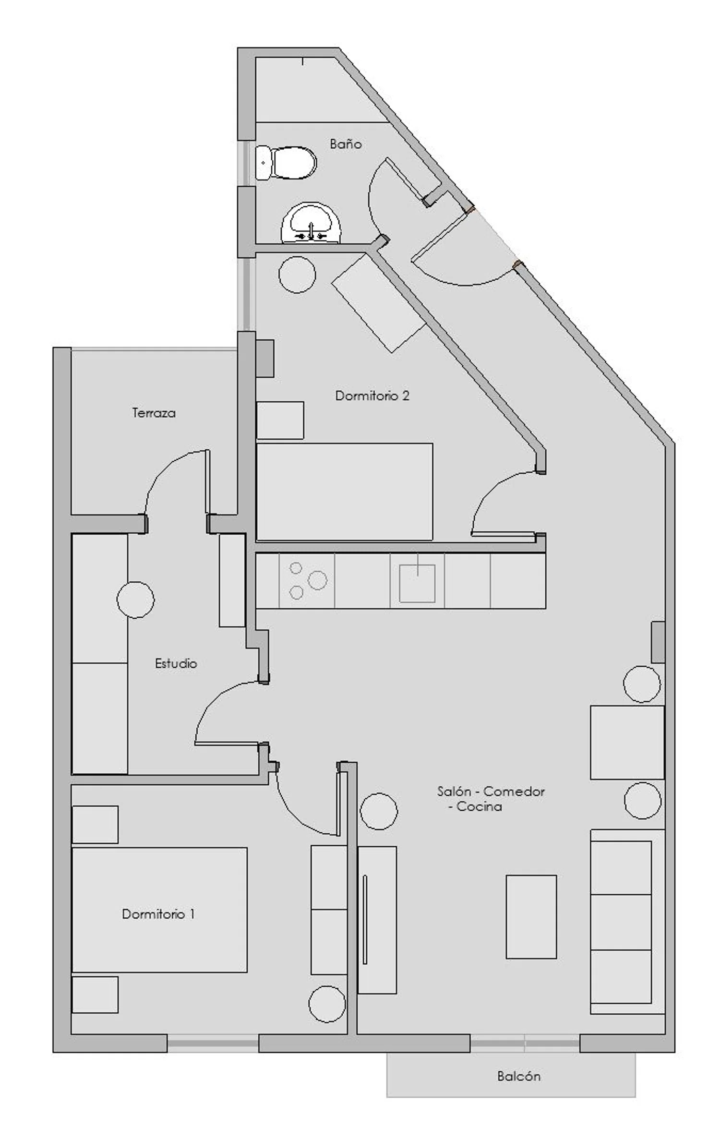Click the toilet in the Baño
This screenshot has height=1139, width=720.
coord(286,163)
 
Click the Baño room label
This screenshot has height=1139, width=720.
coord(346,144)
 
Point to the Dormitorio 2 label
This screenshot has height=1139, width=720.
coord(372,396)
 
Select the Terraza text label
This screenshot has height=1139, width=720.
coord(154,413)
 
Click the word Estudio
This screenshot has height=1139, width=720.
coord(176,663)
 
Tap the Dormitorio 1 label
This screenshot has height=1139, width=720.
coord(158,914)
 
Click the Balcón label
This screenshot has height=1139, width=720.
coord(519,1076)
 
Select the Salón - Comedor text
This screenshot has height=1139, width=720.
coord(491,791)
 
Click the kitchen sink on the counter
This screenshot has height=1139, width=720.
coord(417,583)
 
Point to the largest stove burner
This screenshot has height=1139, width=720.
coord(317,580)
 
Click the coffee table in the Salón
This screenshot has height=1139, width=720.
coord(531,917)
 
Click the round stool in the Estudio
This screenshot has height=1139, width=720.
coord(136,599)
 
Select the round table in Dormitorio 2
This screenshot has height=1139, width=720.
coord(297,275)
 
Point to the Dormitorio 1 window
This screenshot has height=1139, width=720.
coord(213,1043)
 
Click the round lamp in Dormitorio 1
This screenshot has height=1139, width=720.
coord(327,1005)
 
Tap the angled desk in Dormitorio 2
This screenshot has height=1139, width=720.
coord(379,303)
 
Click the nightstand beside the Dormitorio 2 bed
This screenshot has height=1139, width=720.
coord(280,420)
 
